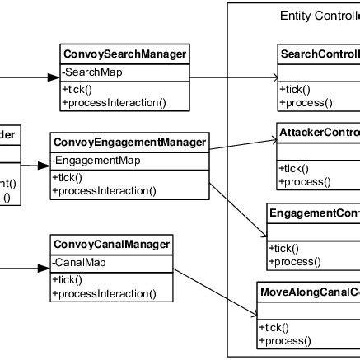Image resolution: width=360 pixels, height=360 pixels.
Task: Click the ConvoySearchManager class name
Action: click(x=124, y=55)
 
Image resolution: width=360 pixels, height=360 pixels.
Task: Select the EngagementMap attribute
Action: click(x=96, y=160)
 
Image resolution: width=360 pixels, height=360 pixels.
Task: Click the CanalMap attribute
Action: click(x=78, y=262)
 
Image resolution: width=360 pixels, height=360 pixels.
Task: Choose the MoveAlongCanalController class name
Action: click(x=310, y=292)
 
